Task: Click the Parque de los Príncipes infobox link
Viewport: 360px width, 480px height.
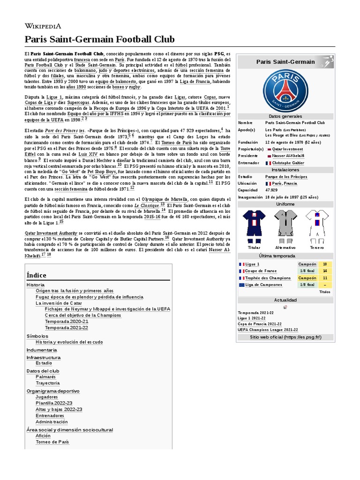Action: pos(286,177)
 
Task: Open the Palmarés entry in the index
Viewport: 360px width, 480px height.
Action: pos(45,376)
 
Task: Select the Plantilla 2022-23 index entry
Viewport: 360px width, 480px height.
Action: pos(54,403)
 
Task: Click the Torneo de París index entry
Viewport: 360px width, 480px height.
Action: pos(52,442)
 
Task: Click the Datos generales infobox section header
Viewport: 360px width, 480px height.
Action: pos(285,116)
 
